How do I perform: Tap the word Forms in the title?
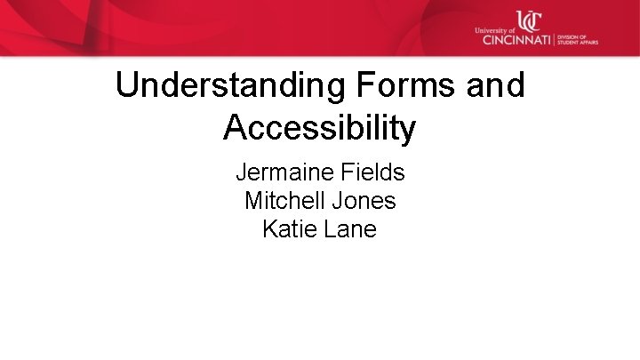click(x=391, y=86)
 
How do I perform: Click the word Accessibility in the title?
click(x=319, y=128)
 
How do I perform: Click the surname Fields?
click(x=373, y=172)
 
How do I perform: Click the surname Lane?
click(x=350, y=229)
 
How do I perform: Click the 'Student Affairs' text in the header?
click(x=577, y=42)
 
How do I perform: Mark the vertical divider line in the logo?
click(x=555, y=39)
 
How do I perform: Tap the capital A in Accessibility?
click(x=235, y=128)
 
